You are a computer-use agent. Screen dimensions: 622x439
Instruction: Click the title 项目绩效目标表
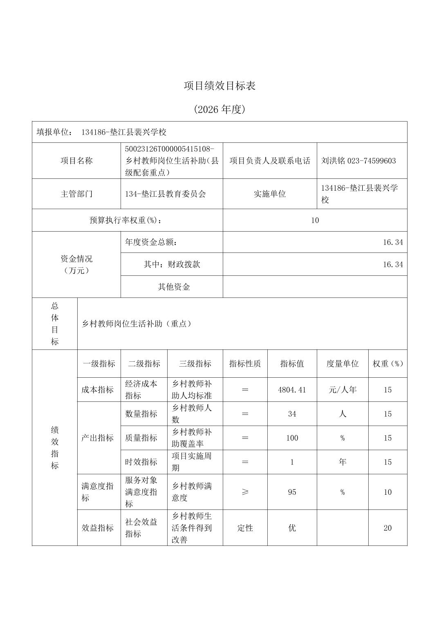(219, 86)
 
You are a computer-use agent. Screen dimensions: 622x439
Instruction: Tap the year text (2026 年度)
(219, 109)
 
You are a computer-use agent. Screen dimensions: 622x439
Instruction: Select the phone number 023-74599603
(372, 161)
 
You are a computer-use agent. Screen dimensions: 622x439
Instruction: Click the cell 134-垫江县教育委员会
(166, 194)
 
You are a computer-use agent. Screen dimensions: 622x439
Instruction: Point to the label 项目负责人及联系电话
(270, 161)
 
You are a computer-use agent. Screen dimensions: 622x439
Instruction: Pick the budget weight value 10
(315, 221)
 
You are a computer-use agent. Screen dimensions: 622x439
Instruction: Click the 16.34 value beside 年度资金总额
(393, 242)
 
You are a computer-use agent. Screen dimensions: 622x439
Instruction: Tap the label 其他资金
(174, 287)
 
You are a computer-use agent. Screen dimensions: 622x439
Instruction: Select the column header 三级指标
(195, 364)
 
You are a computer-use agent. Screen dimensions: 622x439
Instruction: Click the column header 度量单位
(342, 364)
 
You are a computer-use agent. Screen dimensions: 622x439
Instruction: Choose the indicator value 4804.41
(292, 390)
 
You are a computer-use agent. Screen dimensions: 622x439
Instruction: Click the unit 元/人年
(342, 390)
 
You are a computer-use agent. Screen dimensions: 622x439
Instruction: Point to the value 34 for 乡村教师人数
(292, 414)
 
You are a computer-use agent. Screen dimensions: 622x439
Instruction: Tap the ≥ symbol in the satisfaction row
(245, 492)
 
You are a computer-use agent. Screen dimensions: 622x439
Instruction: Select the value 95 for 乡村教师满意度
(292, 492)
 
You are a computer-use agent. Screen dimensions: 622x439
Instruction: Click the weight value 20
(387, 528)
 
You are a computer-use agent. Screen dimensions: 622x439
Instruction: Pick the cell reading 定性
(245, 528)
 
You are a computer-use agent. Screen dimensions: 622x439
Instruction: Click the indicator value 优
(292, 528)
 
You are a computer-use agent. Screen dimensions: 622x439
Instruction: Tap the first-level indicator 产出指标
(97, 438)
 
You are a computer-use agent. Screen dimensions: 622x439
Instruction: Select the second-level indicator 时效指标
(141, 462)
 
